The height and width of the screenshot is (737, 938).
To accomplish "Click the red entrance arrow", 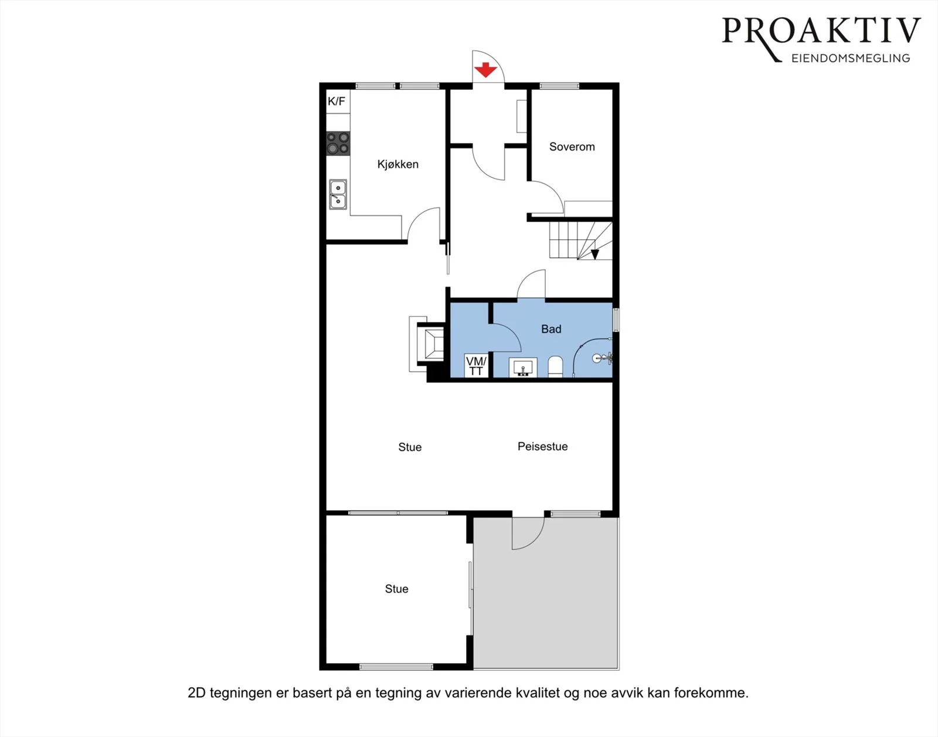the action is [x=485, y=70].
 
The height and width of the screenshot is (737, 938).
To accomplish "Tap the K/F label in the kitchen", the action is [x=337, y=101].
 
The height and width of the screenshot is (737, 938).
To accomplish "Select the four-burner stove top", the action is [x=338, y=143].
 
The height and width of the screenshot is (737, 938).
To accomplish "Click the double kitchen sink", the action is [x=338, y=194].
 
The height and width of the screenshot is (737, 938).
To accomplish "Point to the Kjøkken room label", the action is [x=398, y=164].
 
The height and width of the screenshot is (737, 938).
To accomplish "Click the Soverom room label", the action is [x=572, y=147].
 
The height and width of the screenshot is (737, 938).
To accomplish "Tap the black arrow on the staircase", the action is [x=595, y=254].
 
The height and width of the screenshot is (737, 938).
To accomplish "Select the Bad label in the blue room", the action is [x=551, y=329].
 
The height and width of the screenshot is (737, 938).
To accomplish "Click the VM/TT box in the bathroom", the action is [x=477, y=365].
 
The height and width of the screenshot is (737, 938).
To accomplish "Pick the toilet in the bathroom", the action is [x=555, y=367].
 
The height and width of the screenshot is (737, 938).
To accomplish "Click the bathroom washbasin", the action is [x=523, y=367].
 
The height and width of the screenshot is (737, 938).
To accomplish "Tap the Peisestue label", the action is [x=543, y=447].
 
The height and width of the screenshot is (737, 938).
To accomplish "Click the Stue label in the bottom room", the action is [x=397, y=589].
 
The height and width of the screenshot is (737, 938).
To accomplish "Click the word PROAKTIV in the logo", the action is [x=821, y=30].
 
